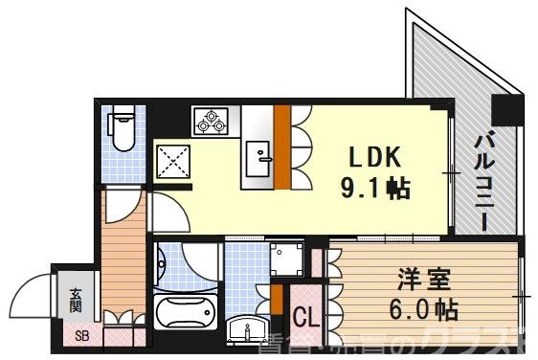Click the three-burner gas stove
click(x=209, y=121)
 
